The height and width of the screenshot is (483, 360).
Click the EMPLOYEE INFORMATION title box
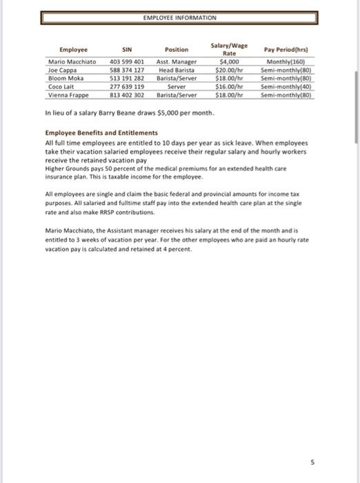pos(179,17)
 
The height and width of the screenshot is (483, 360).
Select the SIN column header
pos(126,49)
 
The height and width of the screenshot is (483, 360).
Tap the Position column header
pos(177,49)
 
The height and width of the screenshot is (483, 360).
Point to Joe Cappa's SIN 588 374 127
pos(126,70)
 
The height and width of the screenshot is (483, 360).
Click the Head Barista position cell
pos(177,70)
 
